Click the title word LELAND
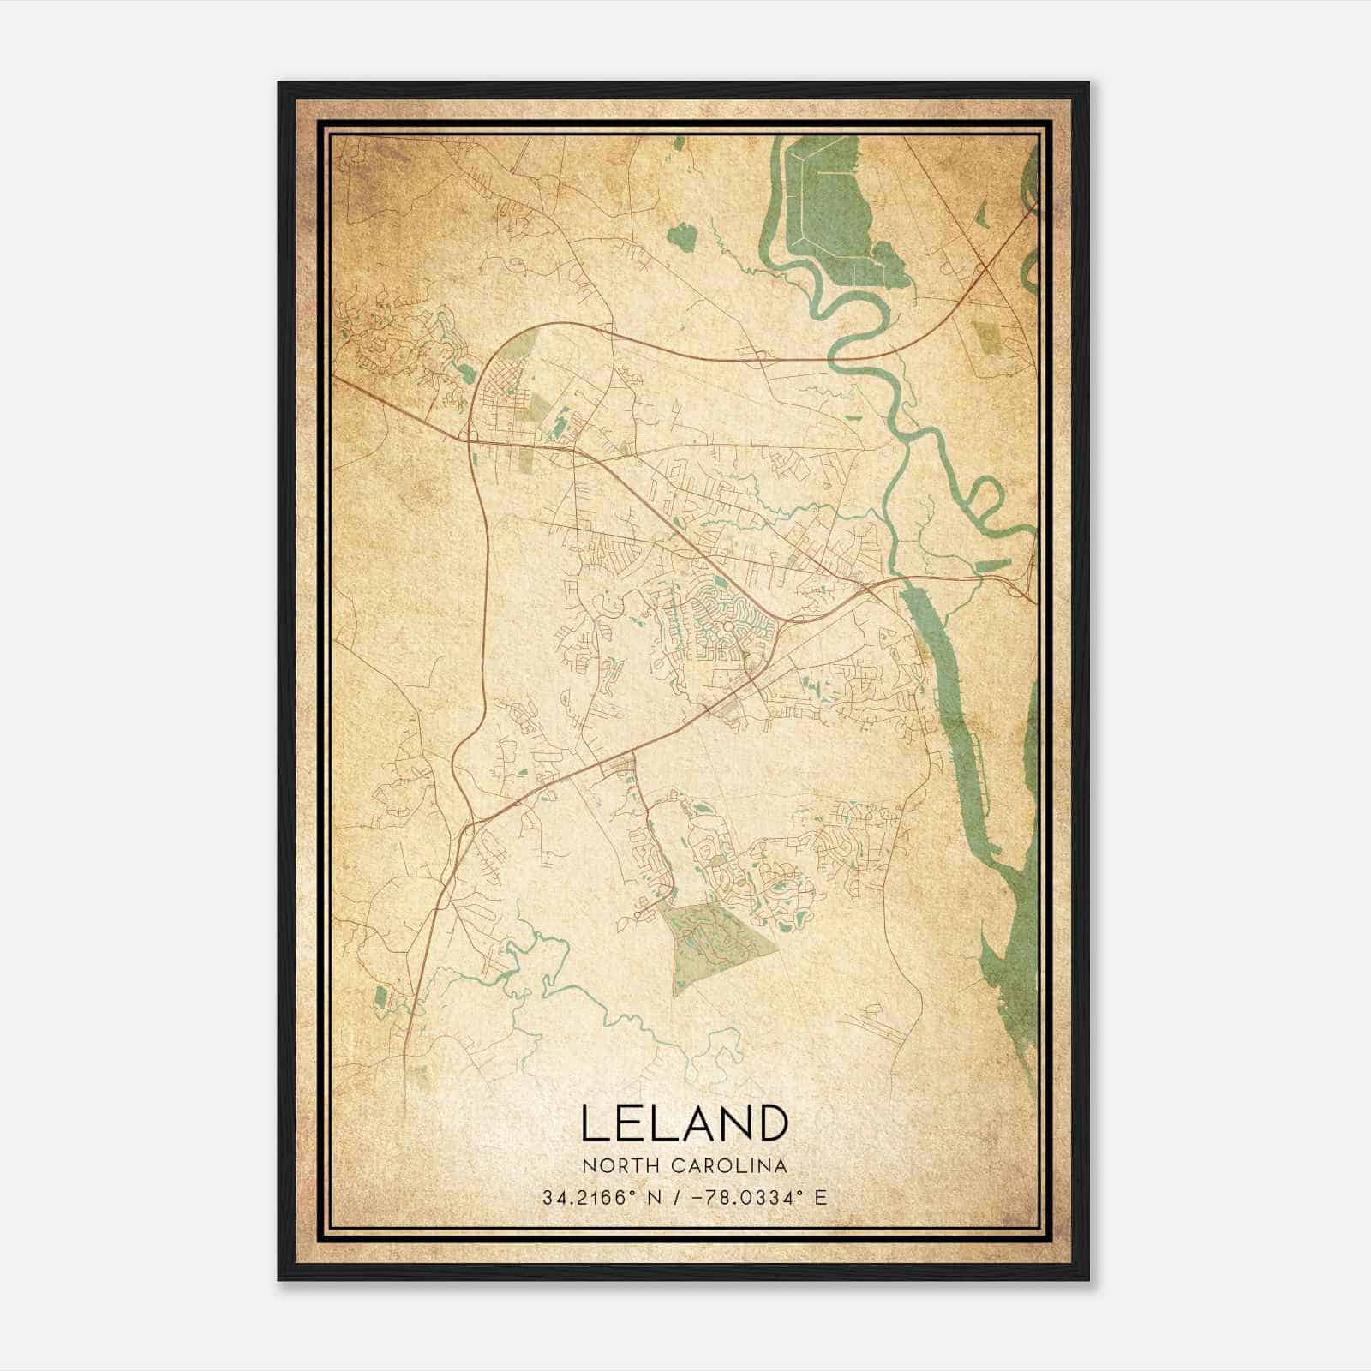click(x=685, y=1123)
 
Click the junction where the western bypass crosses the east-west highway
click(x=471, y=440)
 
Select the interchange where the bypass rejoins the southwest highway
click(x=468, y=827)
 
